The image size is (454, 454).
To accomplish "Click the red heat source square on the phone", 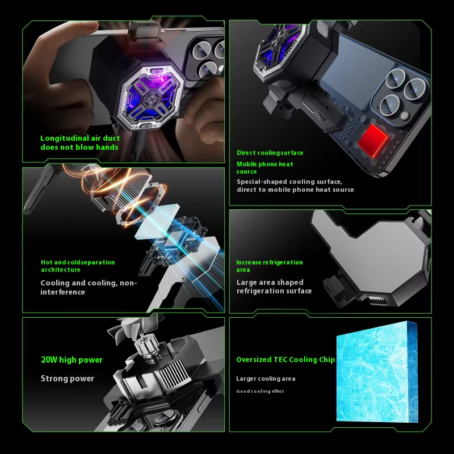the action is [373, 141].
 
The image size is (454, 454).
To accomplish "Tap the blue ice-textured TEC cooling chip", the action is [377, 372].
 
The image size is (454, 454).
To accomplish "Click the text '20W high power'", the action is [72, 360].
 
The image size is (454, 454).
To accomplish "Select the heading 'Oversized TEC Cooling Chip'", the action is [285, 360].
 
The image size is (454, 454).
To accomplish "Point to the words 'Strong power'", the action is [68, 379].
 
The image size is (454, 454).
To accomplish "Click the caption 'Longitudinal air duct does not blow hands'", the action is [80, 142].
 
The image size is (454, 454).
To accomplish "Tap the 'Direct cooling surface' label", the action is [270, 153].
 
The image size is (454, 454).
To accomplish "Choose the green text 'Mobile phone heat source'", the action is [264, 167].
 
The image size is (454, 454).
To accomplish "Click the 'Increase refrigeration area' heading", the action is [269, 266].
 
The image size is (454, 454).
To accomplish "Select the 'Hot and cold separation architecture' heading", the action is [78, 266].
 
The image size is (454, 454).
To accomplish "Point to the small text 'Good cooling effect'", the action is [260, 391].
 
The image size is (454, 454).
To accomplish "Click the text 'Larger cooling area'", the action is [266, 379].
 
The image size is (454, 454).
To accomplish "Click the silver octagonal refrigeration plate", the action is [373, 255].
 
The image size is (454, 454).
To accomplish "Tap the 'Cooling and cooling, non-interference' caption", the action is [89, 287].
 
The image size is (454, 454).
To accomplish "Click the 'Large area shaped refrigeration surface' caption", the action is [274, 287].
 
